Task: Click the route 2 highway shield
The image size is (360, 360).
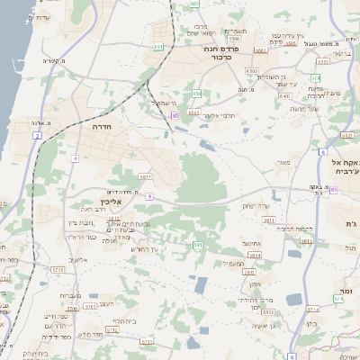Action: pos(38,135)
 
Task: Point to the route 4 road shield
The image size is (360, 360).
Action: pos(76,158)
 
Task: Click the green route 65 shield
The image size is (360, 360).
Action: pos(175,115)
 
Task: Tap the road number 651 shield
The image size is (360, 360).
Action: pos(158,47)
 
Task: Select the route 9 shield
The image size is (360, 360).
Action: pos(152,195)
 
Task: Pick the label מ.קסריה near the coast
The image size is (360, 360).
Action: pos(54,60)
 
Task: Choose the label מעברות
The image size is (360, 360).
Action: pos(72,295)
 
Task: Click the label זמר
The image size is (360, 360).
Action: pos(346,292)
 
